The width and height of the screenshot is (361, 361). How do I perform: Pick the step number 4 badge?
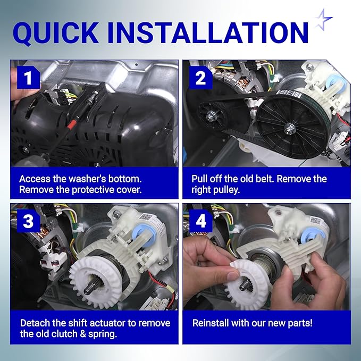click(x=200, y=221)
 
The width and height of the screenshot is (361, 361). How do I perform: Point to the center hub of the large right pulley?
click(x=290, y=127)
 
